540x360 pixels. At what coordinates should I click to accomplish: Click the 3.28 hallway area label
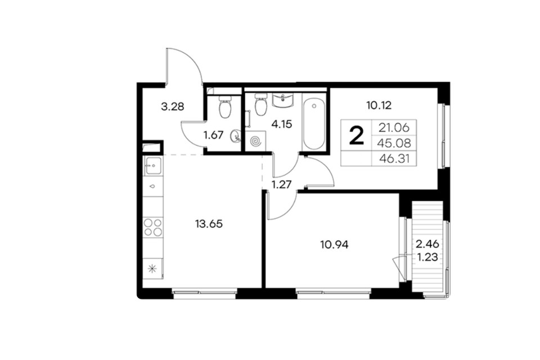tap(173, 106)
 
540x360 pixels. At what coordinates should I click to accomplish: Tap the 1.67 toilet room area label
tap(214, 135)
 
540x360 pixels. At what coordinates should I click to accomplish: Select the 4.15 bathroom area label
tap(282, 124)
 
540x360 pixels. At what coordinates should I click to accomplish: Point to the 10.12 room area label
tap(379, 105)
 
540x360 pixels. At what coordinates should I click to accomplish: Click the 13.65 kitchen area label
tap(209, 224)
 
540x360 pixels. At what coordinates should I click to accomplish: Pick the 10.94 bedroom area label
tap(334, 245)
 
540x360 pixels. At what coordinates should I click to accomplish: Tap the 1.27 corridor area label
tap(282, 184)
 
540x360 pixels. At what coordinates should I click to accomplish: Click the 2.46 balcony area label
tap(427, 244)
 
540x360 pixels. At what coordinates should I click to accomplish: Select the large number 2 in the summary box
tap(357, 136)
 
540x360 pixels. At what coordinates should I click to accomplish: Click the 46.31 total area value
tap(395, 159)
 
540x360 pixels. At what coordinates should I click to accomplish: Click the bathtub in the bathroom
tap(314, 123)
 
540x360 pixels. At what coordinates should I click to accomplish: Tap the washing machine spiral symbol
tap(255, 141)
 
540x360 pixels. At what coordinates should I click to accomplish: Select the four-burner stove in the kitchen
tap(153, 227)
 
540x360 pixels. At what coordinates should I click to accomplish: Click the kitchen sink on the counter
tap(153, 166)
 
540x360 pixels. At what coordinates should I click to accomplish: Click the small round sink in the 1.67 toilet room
tap(236, 136)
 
